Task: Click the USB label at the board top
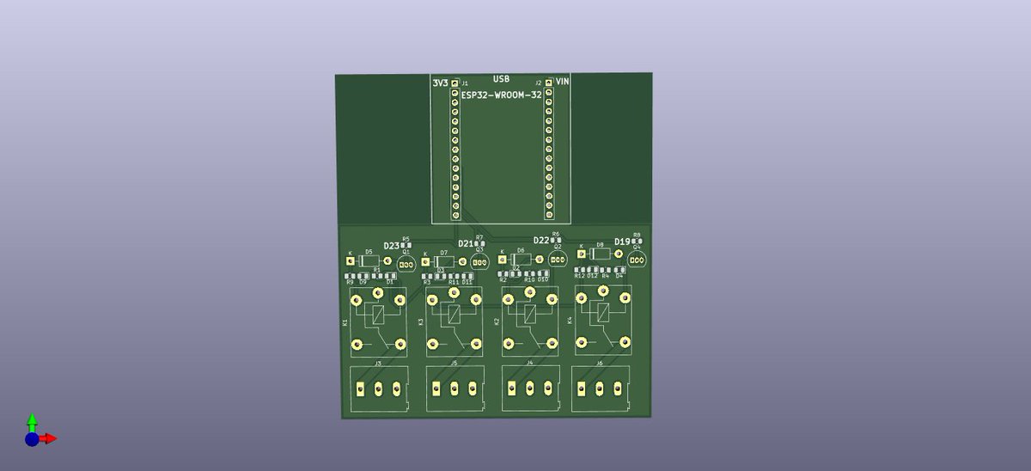point(501,79)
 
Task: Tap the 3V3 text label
point(440,83)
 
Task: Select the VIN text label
point(562,82)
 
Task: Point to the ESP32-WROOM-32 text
point(501,95)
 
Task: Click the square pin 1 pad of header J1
point(455,83)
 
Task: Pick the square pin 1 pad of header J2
point(548,83)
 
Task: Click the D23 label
point(391,246)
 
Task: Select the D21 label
point(465,244)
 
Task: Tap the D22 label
point(540,241)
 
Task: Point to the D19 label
point(621,242)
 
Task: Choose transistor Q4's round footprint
point(637,259)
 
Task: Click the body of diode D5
point(369,260)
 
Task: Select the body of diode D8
point(600,254)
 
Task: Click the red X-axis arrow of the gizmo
point(50,438)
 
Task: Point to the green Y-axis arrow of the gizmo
point(32,420)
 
